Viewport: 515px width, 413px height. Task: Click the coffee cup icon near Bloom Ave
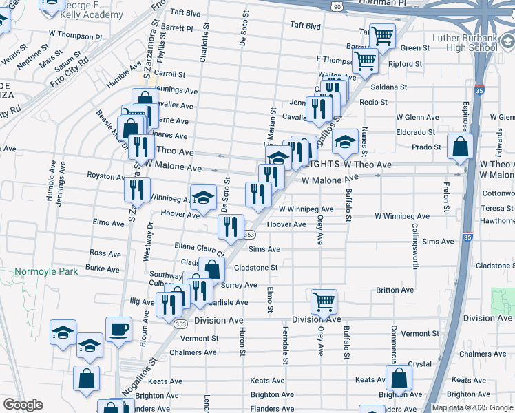coord(118,328)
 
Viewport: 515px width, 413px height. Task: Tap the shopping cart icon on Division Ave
coord(324,301)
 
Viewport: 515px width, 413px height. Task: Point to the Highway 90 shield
coord(335,6)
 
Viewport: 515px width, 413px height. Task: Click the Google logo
coord(23,405)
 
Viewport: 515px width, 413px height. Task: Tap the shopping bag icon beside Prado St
coord(459,147)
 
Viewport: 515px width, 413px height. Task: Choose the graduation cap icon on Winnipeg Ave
coord(203,198)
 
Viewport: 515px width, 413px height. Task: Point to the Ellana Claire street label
coord(200,248)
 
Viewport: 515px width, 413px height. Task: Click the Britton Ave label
coord(395,290)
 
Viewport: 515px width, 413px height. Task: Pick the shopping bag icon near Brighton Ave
coord(399,377)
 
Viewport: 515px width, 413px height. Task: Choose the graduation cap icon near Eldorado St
coord(345,142)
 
